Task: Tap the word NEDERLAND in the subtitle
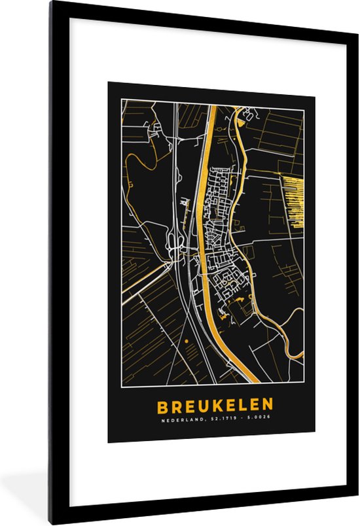point(181,421)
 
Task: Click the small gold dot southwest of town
point(186,341)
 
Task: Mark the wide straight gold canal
point(204,229)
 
